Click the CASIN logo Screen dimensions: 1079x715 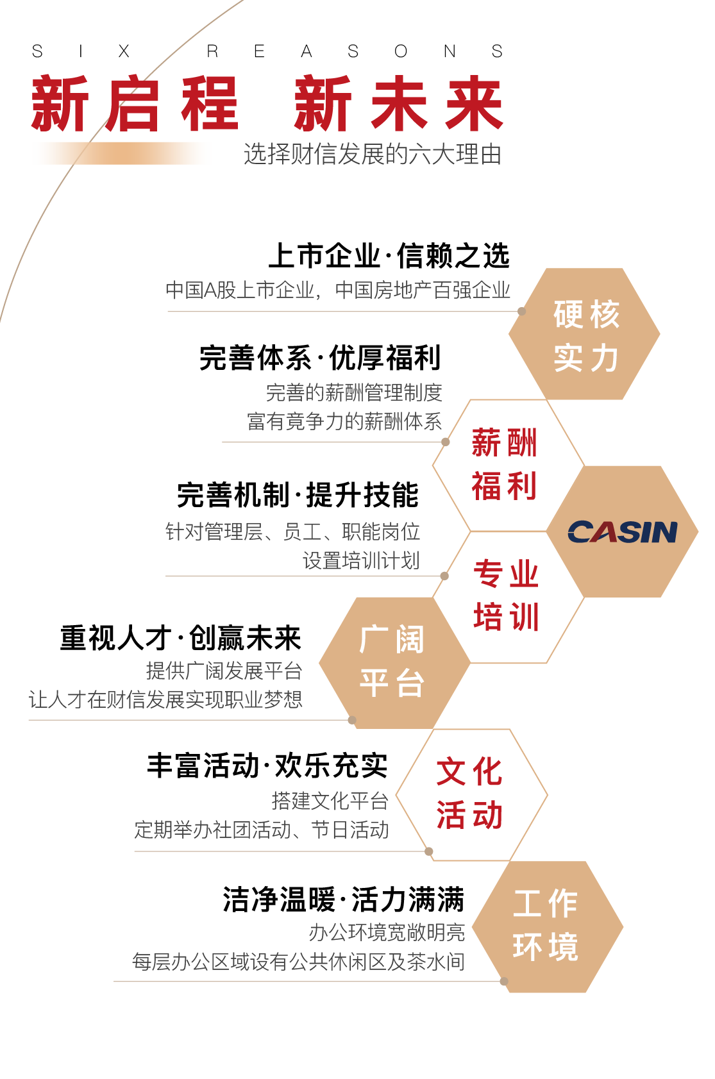[x=622, y=531]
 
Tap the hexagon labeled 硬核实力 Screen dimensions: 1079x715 [x=585, y=335]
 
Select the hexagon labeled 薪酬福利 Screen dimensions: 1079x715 [x=505, y=465]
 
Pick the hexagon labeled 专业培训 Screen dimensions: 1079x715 [x=506, y=596]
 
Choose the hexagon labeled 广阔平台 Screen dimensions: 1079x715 [x=392, y=662]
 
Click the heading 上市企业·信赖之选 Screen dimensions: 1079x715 [x=389, y=256]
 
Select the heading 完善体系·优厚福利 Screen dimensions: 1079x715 [x=320, y=358]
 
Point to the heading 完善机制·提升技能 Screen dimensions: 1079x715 [x=298, y=495]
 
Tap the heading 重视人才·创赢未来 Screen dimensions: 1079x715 [x=181, y=638]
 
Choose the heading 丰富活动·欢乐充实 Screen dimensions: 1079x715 [x=267, y=766]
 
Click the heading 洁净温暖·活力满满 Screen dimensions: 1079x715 [x=343, y=899]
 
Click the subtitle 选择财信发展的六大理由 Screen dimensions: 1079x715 [x=373, y=155]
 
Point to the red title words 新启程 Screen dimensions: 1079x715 [x=134, y=104]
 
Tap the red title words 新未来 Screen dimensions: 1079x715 [x=398, y=104]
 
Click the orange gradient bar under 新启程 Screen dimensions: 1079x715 [x=122, y=154]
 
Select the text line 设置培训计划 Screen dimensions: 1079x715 [x=361, y=560]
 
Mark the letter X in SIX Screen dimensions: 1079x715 [x=124, y=51]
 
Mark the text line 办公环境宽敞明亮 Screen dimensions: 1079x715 [x=387, y=932]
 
